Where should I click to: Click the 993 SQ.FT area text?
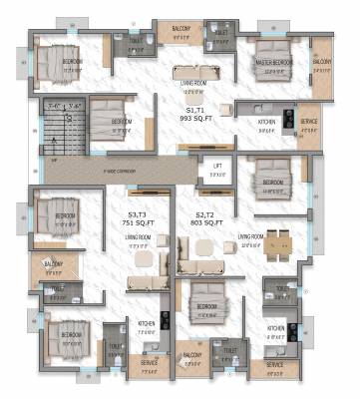[194, 116]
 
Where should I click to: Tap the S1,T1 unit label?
[194, 107]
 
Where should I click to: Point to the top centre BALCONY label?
[180, 28]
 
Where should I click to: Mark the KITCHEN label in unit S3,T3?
[146, 324]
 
